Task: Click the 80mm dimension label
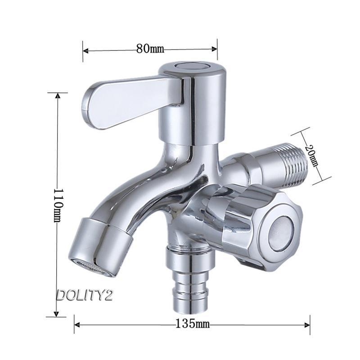click(150, 49)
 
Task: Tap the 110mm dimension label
click(58, 206)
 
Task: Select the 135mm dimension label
click(193, 324)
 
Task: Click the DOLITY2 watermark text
click(85, 295)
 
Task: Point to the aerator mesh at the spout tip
click(94, 268)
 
